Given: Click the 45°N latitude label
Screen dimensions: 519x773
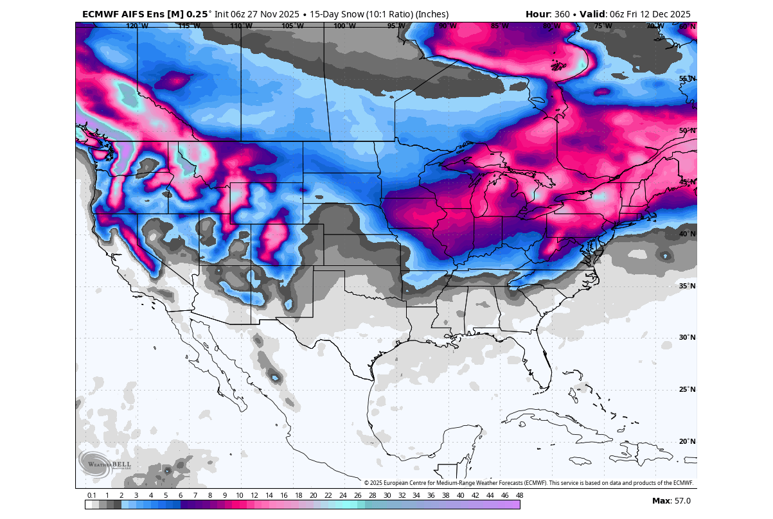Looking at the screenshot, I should pyautogui.click(x=688, y=182).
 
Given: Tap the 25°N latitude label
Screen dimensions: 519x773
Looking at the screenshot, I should pyautogui.click(x=688, y=389).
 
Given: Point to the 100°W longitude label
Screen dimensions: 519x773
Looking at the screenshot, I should pyautogui.click(x=344, y=26).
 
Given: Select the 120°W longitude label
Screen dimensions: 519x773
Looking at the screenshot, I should pyautogui.click(x=137, y=26).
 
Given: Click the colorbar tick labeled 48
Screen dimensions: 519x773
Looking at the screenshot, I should pyautogui.click(x=519, y=495).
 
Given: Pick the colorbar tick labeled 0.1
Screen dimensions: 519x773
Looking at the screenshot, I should pyautogui.click(x=91, y=495).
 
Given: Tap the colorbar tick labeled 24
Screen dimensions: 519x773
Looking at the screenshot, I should pyautogui.click(x=342, y=495).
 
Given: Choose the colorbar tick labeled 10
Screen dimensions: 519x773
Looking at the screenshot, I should pyautogui.click(x=239, y=495).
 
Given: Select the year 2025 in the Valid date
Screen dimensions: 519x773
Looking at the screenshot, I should pyautogui.click(x=679, y=14).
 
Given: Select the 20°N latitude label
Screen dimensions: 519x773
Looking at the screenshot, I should pyautogui.click(x=688, y=441).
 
